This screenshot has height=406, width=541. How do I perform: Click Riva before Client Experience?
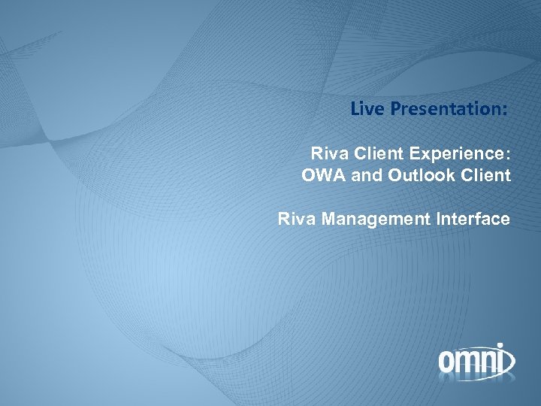point(327,155)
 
